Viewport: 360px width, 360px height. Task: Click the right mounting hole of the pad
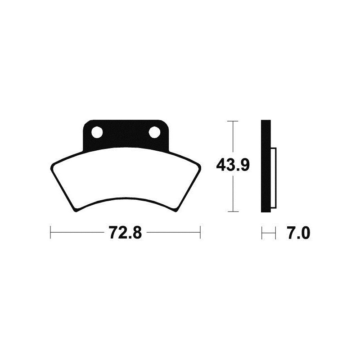point(154,132)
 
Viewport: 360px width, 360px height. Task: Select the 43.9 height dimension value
point(232,166)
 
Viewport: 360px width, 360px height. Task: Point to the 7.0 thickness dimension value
point(298,234)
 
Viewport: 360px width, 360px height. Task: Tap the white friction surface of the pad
point(125,180)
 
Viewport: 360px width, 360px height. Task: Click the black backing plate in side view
point(266,166)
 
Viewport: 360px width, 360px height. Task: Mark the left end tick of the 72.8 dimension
point(50,233)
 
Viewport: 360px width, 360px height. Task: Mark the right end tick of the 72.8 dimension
point(200,233)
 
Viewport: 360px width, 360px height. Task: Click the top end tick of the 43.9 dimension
point(232,121)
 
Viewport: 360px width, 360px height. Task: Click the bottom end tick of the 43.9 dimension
point(232,211)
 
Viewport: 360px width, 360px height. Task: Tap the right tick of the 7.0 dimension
point(274,233)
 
